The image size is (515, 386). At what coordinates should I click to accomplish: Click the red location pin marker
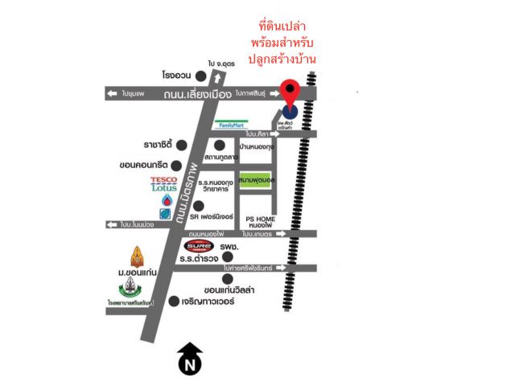tap(290, 91)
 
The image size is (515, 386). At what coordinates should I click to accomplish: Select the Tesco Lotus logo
tap(163, 183)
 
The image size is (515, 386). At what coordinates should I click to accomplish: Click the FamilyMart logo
tap(231, 125)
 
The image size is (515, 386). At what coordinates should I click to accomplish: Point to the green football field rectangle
tap(256, 181)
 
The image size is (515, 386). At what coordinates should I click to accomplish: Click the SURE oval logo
tap(199, 247)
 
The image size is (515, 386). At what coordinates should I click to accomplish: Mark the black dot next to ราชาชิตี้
tap(181, 146)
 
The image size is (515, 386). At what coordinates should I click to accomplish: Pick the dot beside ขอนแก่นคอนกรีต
tap(181, 166)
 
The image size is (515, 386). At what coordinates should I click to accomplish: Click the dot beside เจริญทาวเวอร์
tap(175, 302)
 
